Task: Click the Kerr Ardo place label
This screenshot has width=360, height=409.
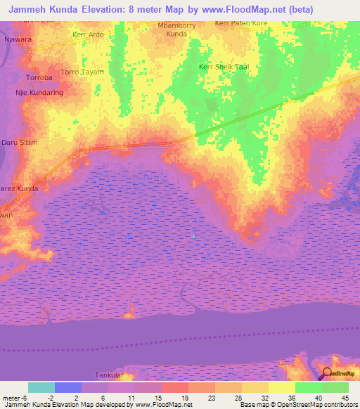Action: coord(88,34)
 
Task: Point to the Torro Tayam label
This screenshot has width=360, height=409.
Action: coord(82,72)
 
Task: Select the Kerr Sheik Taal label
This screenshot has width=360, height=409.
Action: coord(224,67)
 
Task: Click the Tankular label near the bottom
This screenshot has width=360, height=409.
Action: coord(109,375)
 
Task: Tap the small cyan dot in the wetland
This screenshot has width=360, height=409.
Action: coord(193,236)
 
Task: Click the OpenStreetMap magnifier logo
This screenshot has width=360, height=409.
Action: coord(328,373)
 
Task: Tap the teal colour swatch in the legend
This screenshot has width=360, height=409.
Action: coord(41,387)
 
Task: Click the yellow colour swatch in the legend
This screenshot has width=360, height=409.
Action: coord(281,387)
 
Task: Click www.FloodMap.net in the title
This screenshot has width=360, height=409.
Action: coord(233,8)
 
